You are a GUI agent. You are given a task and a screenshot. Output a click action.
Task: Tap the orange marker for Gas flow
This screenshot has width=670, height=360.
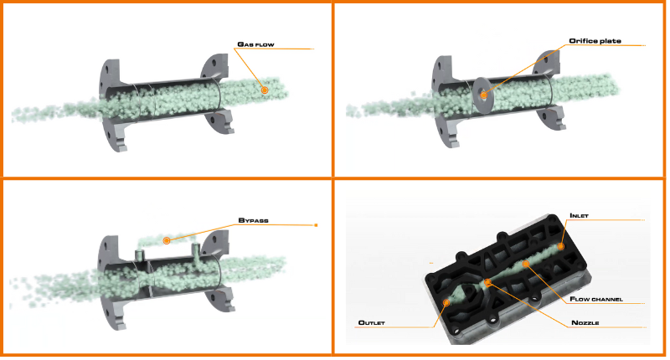click(264, 89)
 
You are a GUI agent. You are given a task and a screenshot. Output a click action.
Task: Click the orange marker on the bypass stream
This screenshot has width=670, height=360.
click(167, 240)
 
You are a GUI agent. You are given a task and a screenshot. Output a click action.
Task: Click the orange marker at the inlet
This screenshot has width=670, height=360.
click(561, 246)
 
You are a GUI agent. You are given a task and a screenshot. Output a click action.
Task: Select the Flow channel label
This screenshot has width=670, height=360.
click(593, 299)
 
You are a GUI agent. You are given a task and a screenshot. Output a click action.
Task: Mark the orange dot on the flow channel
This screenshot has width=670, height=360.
click(525, 265)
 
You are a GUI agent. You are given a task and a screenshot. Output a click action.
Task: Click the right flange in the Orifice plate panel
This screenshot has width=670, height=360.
click(554, 96)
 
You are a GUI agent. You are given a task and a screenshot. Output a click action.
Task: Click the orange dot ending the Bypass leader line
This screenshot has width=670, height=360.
click(316, 225)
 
